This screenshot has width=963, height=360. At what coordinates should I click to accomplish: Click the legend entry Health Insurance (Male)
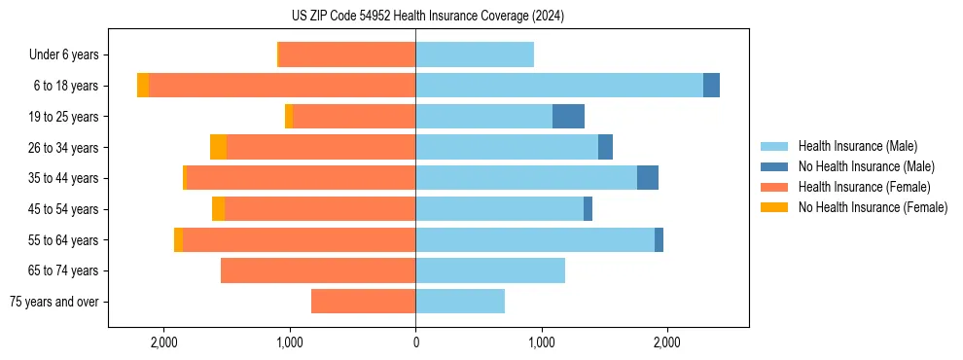pyautogui.click(x=857, y=146)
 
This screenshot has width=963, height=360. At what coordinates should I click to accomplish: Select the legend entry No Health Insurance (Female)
pyautogui.click(x=873, y=207)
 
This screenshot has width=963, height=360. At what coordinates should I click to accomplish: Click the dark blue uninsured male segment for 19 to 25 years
pyautogui.click(x=568, y=117)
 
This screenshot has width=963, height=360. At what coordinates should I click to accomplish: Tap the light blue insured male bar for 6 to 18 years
pyautogui.click(x=559, y=86)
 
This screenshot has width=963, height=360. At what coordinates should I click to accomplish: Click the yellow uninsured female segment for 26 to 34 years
pyautogui.click(x=218, y=147)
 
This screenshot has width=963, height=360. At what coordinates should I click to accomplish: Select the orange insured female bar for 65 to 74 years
pyautogui.click(x=318, y=270)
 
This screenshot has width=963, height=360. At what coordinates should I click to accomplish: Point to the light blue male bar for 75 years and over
pyautogui.click(x=460, y=302)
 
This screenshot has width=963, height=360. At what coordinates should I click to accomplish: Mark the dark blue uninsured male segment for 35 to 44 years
pyautogui.click(x=648, y=178)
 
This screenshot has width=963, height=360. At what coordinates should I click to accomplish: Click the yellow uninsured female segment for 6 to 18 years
pyautogui.click(x=143, y=86)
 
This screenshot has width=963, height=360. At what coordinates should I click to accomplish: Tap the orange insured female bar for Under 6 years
pyautogui.click(x=347, y=54)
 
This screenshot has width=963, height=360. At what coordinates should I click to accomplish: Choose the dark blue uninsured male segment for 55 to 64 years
pyautogui.click(x=659, y=239)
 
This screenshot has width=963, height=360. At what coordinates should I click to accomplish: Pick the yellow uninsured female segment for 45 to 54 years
pyautogui.click(x=218, y=209)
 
